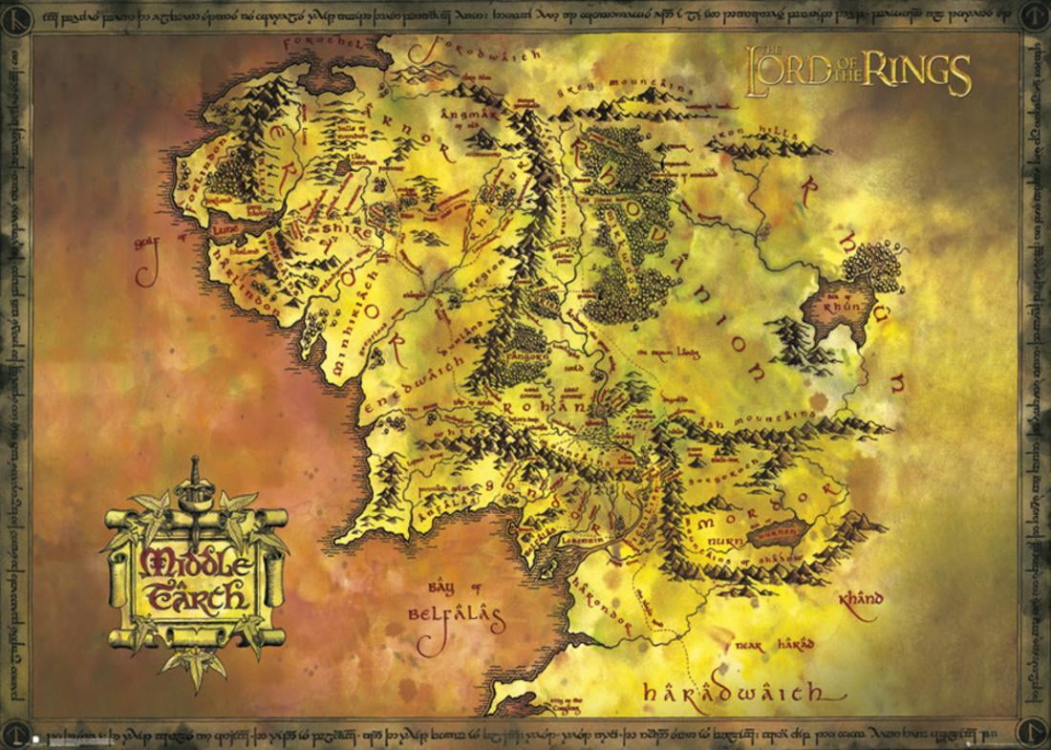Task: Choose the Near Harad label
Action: tap(774, 646)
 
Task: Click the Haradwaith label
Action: tap(734, 691)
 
